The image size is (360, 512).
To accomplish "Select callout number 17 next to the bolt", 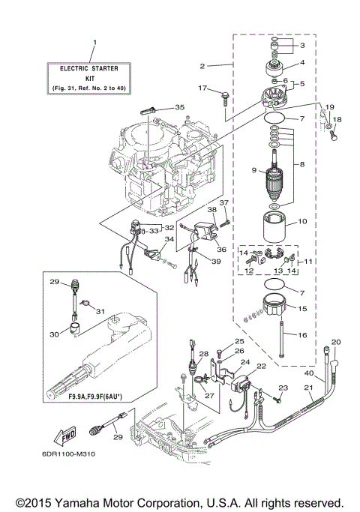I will (202, 89).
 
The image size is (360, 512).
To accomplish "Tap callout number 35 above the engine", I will (179, 107).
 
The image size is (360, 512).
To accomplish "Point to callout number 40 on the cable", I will (308, 373).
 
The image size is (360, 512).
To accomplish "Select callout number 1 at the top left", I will (94, 41).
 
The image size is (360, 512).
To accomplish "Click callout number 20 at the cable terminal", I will (335, 342).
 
